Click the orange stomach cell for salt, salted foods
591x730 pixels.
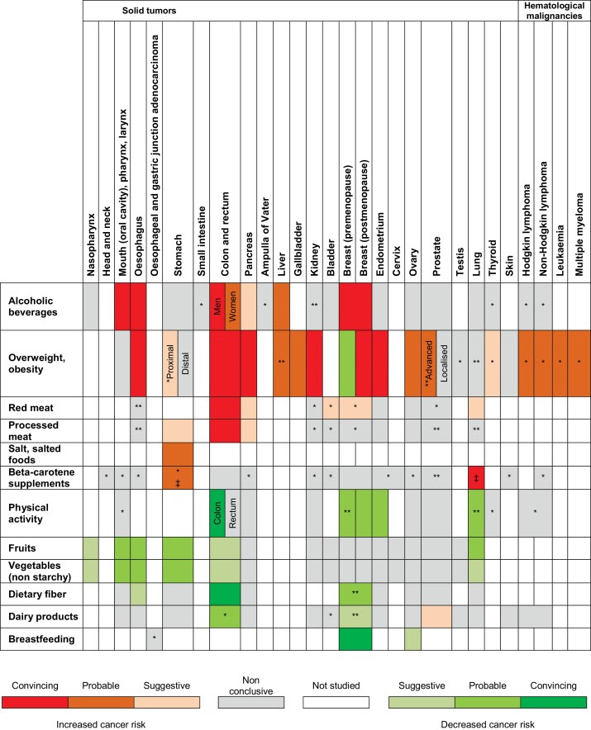177,453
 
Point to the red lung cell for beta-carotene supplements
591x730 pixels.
477,477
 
